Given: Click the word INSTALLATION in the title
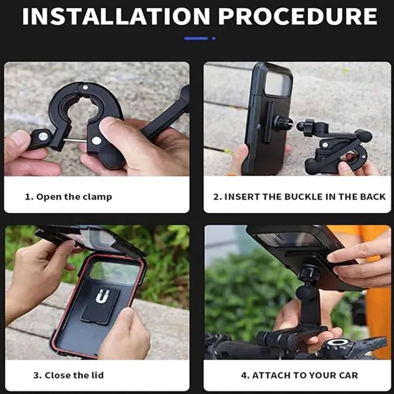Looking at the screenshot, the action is click(x=116, y=16).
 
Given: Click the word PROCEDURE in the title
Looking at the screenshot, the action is click(x=297, y=16).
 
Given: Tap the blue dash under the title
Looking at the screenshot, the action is click(x=196, y=39).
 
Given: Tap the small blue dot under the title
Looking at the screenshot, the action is click(x=214, y=39).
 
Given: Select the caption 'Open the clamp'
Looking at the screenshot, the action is click(x=74, y=197).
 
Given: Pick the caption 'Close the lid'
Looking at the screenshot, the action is click(x=74, y=375).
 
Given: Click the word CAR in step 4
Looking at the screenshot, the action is click(x=348, y=375).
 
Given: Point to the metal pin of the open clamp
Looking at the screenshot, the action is click(x=75, y=141).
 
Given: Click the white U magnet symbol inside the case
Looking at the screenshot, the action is click(x=102, y=296).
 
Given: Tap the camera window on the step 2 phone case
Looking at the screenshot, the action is click(x=278, y=83).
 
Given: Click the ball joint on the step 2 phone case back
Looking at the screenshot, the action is click(x=283, y=123).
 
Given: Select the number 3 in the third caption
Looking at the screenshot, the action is click(x=36, y=375).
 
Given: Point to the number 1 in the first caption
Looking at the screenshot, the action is click(x=28, y=197).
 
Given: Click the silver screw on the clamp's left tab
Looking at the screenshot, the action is click(x=43, y=137).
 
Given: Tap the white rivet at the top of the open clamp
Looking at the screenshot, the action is click(x=85, y=88).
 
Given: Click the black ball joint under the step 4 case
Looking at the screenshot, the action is click(x=306, y=293).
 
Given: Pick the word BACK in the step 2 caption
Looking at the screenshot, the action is click(x=373, y=197).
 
